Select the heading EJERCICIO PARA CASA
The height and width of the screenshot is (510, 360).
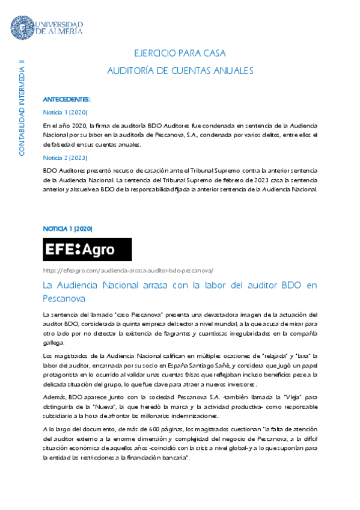pyautogui.click(x=180, y=54)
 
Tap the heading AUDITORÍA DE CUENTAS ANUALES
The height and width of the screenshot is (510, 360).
pyautogui.click(x=180, y=71)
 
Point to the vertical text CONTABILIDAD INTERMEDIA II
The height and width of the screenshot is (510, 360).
pyautogui.click(x=22, y=108)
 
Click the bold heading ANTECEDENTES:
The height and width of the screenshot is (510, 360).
pyautogui.click(x=67, y=99)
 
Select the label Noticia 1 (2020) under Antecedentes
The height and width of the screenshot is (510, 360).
pyautogui.click(x=66, y=112)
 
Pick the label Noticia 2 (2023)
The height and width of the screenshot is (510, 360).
pyautogui.click(x=66, y=158)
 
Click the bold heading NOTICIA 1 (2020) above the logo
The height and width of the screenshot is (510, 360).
pyautogui.click(x=67, y=229)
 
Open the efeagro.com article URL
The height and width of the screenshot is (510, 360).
pyautogui.click(x=129, y=270)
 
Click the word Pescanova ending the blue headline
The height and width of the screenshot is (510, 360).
pyautogui.click(x=64, y=298)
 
